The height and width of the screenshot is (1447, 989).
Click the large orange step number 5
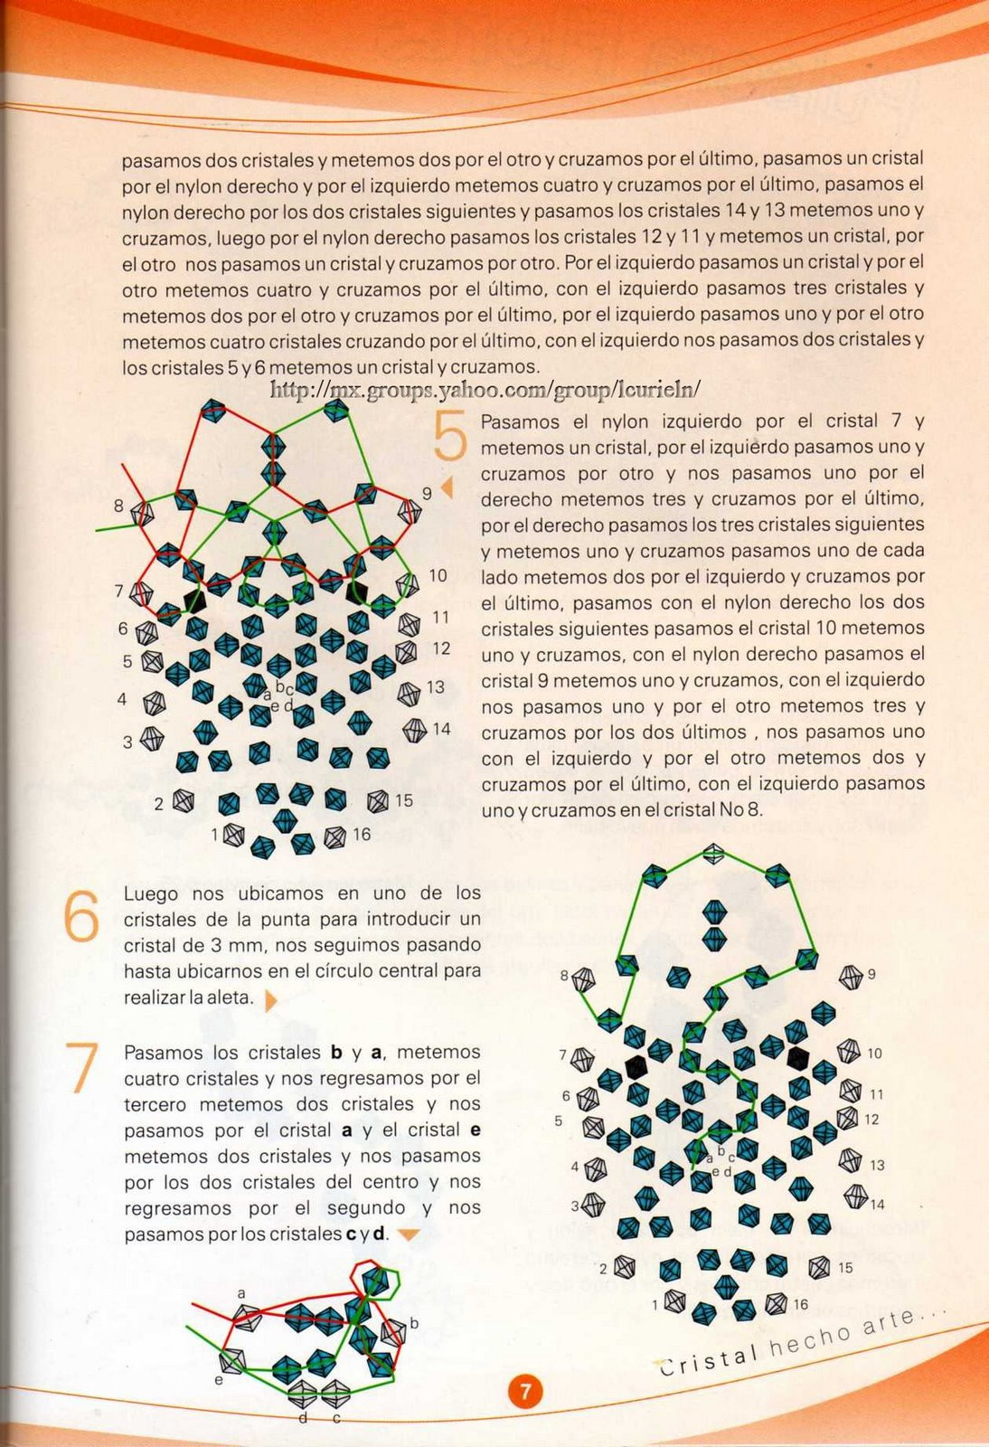[x=450, y=436]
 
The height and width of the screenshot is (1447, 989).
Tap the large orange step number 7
[x=82, y=1067]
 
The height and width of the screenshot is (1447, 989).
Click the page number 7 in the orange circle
[x=525, y=1391]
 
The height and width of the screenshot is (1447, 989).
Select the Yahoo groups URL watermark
[x=485, y=390]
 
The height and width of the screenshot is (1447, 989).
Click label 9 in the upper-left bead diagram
[x=427, y=494]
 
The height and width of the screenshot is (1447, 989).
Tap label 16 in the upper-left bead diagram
[x=362, y=834]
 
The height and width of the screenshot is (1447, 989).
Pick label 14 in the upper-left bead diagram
[x=441, y=729]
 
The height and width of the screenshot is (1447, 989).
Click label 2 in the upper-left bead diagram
[x=159, y=803]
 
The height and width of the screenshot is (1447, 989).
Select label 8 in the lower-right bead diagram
[x=565, y=976]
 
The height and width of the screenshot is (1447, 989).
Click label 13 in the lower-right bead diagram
[x=877, y=1165]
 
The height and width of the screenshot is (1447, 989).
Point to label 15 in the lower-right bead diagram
[x=845, y=1268]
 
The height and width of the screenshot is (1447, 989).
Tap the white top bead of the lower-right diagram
[x=714, y=852]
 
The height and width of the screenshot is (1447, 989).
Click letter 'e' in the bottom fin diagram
[x=219, y=1380]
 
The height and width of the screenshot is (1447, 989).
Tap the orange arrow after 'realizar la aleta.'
[x=269, y=1000]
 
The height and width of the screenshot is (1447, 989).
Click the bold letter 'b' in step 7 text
[x=336, y=1053]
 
